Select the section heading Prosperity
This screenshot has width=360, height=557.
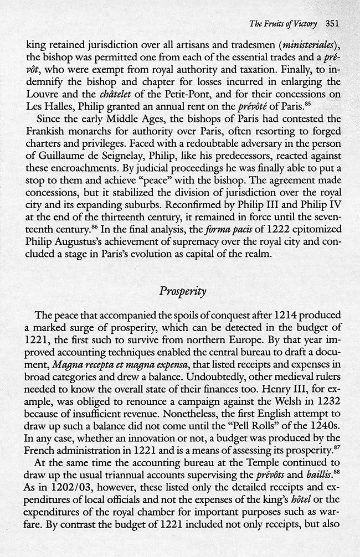pyautogui.click(x=180, y=292)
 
